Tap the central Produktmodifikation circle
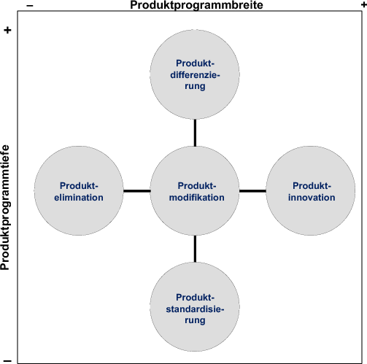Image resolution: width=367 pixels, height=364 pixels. click(x=195, y=191)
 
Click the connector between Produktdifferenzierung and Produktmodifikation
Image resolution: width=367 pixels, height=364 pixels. click(x=195, y=132)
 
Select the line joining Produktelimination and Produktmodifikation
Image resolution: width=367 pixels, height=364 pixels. click(x=136, y=191)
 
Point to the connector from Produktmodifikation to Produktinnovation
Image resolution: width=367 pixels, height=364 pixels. click(x=252, y=191)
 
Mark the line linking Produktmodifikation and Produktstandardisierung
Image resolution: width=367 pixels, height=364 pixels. click(x=195, y=250)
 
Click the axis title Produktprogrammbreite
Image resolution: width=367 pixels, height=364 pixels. click(x=196, y=5)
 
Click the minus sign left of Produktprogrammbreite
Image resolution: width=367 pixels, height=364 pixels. click(x=30, y=5)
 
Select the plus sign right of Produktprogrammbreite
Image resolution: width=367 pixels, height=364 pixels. click(x=363, y=5)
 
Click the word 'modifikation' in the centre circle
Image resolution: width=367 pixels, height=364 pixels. click(x=195, y=198)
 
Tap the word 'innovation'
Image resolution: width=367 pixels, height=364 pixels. click(x=312, y=198)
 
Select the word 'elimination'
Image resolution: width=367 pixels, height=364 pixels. click(x=80, y=198)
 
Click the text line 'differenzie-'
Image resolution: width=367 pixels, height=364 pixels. click(x=195, y=74)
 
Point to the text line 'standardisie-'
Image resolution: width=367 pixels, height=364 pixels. click(x=195, y=309)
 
